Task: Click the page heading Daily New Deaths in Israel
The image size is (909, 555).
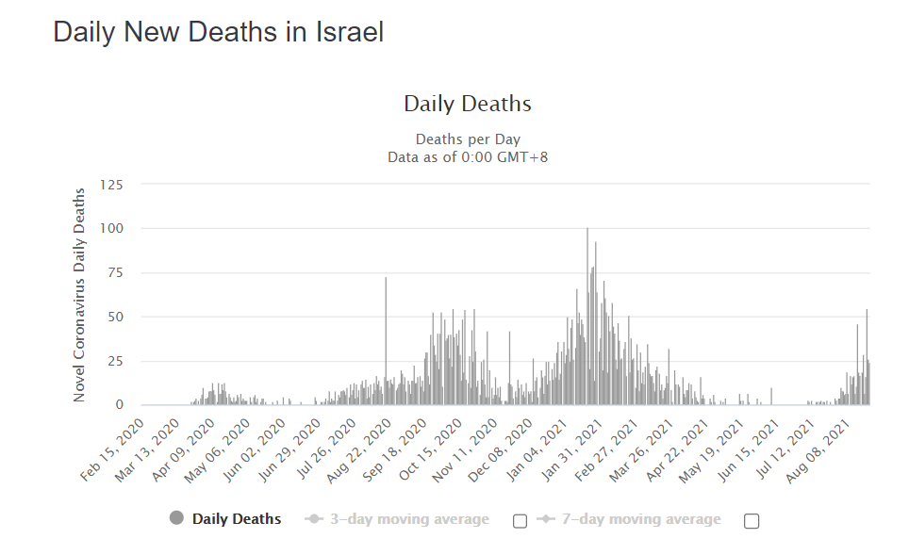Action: (x=218, y=32)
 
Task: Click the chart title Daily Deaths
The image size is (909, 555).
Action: (x=467, y=104)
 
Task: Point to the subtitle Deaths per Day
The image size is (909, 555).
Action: (x=467, y=139)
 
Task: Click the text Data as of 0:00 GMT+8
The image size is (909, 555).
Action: (x=467, y=156)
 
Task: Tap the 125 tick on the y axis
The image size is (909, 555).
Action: (x=110, y=184)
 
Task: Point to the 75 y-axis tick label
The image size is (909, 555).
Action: (x=114, y=272)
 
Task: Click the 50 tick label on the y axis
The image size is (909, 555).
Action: (x=114, y=317)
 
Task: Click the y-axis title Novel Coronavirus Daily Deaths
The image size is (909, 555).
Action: (x=80, y=295)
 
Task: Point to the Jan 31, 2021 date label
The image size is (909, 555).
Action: (x=571, y=451)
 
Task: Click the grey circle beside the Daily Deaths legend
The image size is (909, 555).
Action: (x=176, y=518)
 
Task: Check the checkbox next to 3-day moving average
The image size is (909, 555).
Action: (x=520, y=521)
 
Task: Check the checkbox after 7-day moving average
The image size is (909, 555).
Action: (x=752, y=521)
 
